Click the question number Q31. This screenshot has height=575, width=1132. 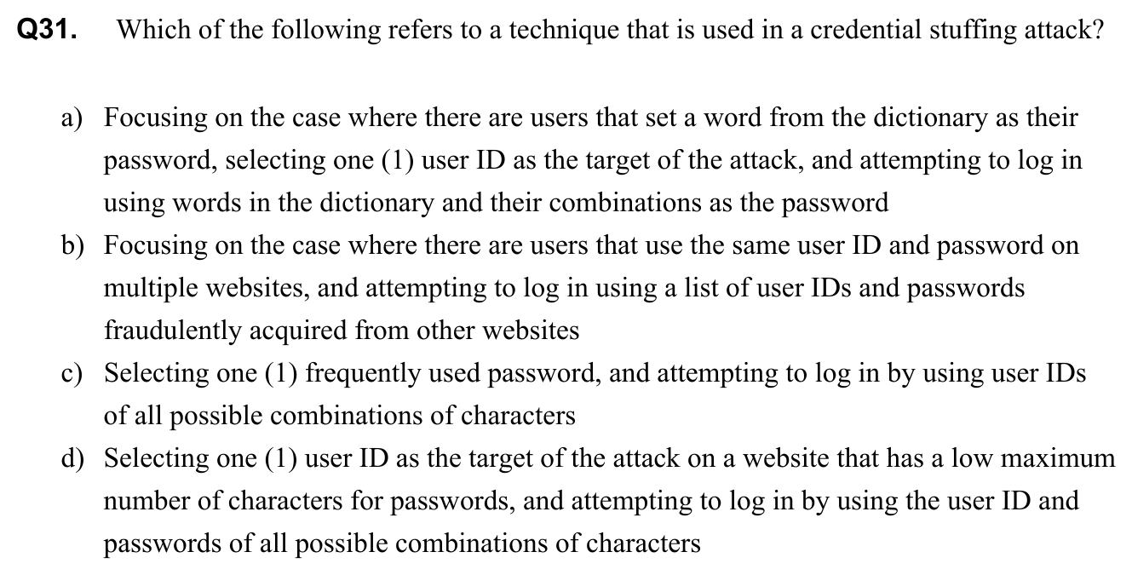[x=49, y=31]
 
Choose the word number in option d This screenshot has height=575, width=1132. [x=146, y=501]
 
